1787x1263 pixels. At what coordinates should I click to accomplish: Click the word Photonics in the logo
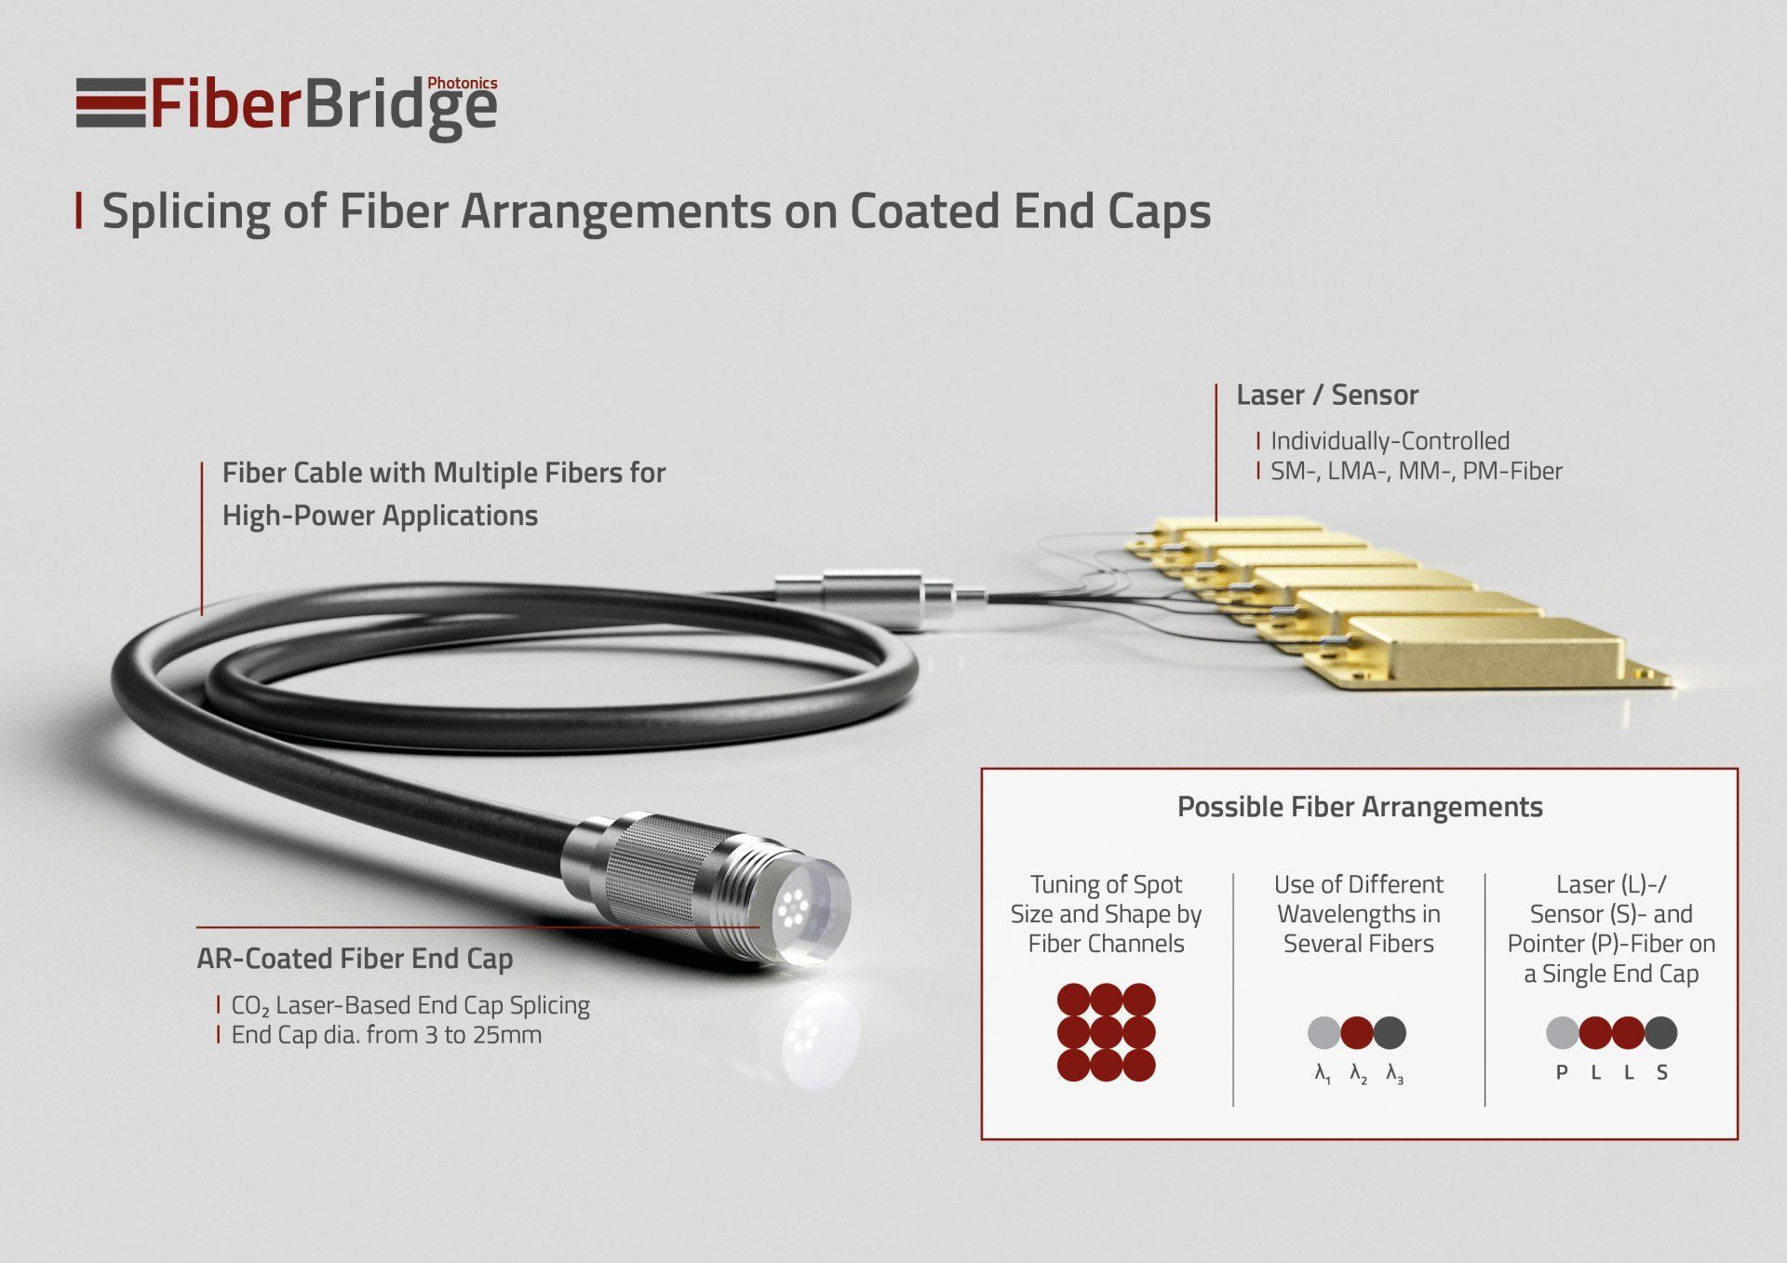click(462, 83)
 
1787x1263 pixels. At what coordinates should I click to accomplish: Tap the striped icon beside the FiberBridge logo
click(111, 102)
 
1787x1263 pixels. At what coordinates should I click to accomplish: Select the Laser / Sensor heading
click(1327, 396)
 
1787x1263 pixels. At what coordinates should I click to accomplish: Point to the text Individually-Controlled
click(1391, 441)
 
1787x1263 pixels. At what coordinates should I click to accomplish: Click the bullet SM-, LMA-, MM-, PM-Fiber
click(1417, 471)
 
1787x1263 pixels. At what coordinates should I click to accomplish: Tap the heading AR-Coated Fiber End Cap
click(355, 960)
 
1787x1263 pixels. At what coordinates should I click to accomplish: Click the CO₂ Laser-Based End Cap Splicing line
click(410, 1006)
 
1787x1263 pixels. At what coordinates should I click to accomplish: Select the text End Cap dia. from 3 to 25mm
click(386, 1035)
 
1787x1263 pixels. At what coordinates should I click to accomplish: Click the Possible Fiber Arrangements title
click(1360, 807)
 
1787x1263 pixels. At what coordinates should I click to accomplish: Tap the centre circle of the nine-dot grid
click(1106, 1032)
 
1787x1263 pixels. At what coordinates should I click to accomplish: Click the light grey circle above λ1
click(1323, 1032)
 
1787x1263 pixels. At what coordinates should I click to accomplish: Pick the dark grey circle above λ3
click(1390, 1032)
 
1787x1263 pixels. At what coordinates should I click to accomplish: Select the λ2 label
click(1359, 1074)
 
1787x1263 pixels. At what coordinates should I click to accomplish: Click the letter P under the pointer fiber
click(1562, 1073)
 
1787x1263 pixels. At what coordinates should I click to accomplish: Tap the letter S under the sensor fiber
click(1661, 1073)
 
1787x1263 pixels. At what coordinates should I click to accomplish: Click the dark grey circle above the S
click(1661, 1032)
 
